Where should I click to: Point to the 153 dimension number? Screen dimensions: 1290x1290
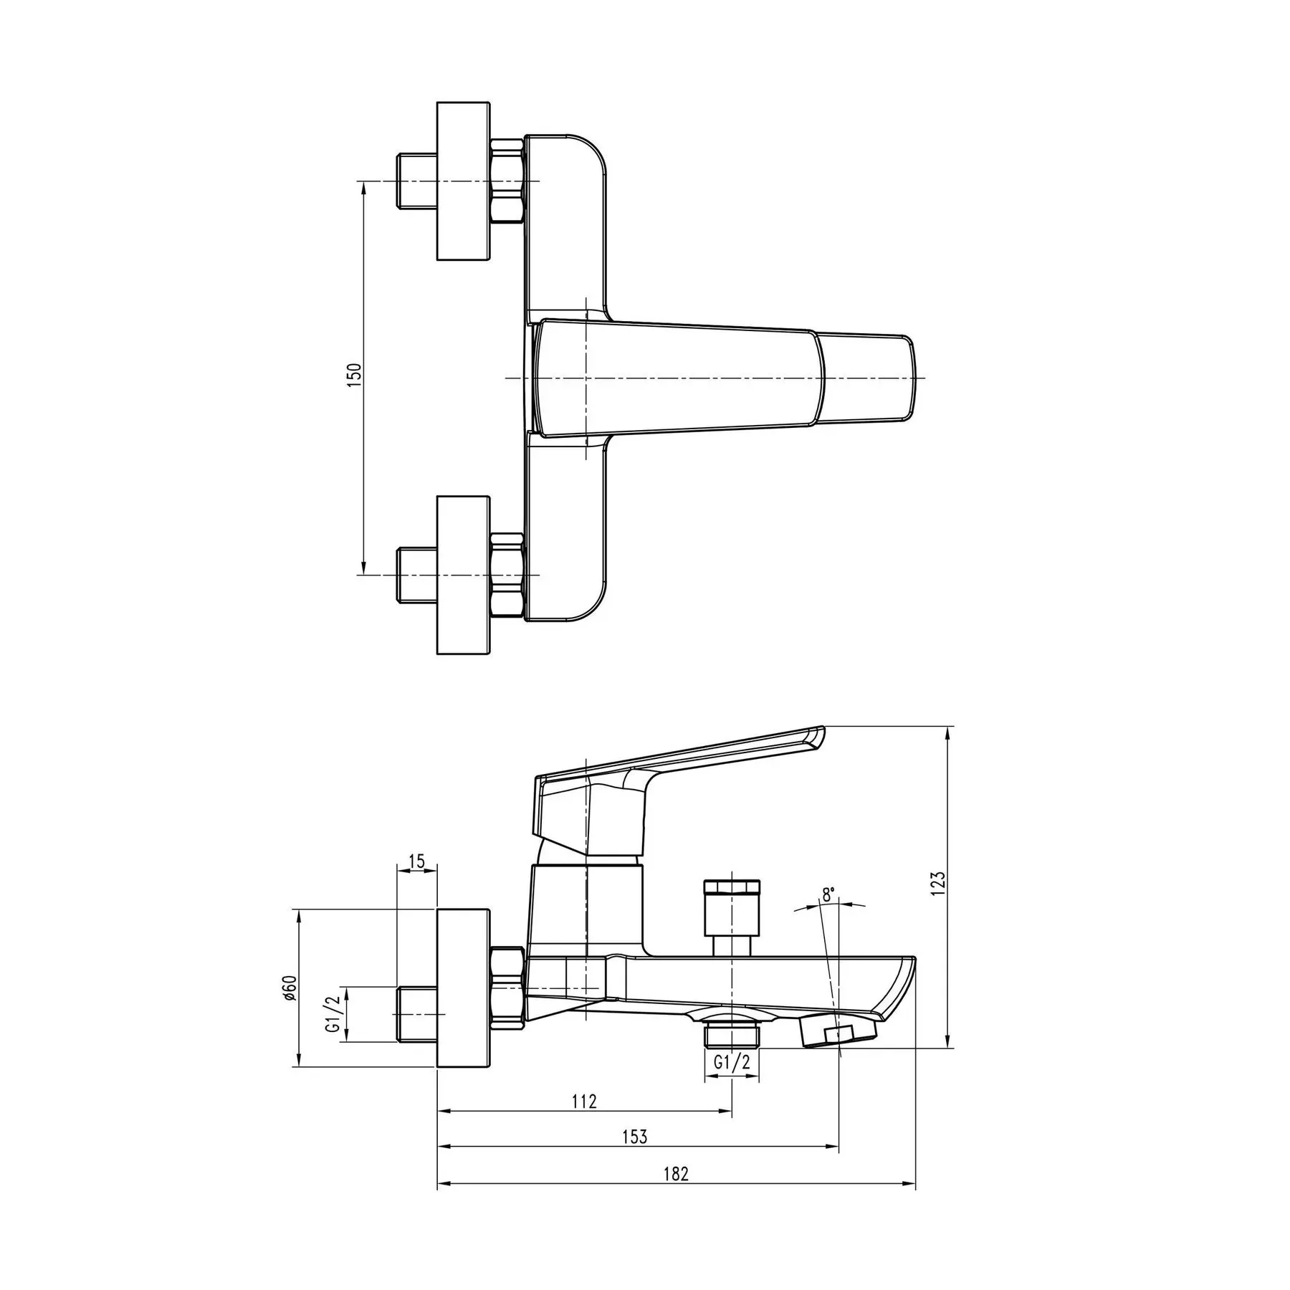635,1157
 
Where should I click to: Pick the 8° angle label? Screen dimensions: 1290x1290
828,894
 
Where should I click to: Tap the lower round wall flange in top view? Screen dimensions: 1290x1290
464,574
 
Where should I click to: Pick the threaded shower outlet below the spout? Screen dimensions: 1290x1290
731,1036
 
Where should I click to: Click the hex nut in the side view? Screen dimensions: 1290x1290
507,988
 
